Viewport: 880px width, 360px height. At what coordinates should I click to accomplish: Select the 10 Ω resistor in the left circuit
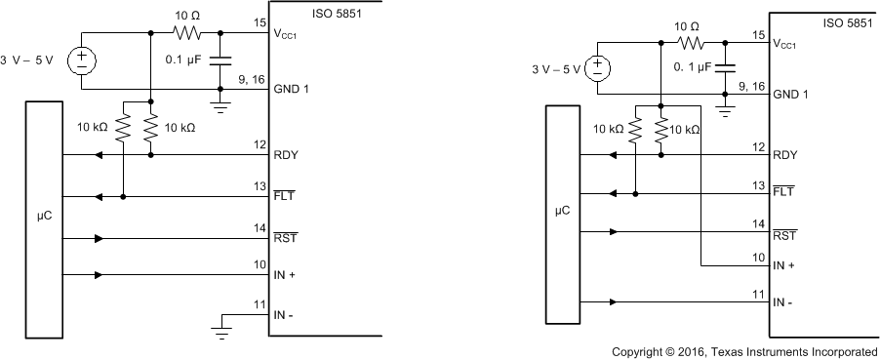click(185, 32)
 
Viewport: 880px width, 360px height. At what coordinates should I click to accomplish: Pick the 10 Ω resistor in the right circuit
click(692, 43)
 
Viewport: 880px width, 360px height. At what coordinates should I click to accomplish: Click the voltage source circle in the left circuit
click(80, 60)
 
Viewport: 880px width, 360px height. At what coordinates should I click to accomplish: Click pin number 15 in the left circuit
click(259, 22)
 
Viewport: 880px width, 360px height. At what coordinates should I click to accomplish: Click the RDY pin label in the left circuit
click(286, 154)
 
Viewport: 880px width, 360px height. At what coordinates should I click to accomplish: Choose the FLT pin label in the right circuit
click(783, 192)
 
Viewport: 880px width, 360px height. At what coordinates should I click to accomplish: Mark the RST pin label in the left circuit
click(286, 237)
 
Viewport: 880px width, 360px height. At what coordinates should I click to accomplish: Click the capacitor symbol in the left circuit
click(221, 60)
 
